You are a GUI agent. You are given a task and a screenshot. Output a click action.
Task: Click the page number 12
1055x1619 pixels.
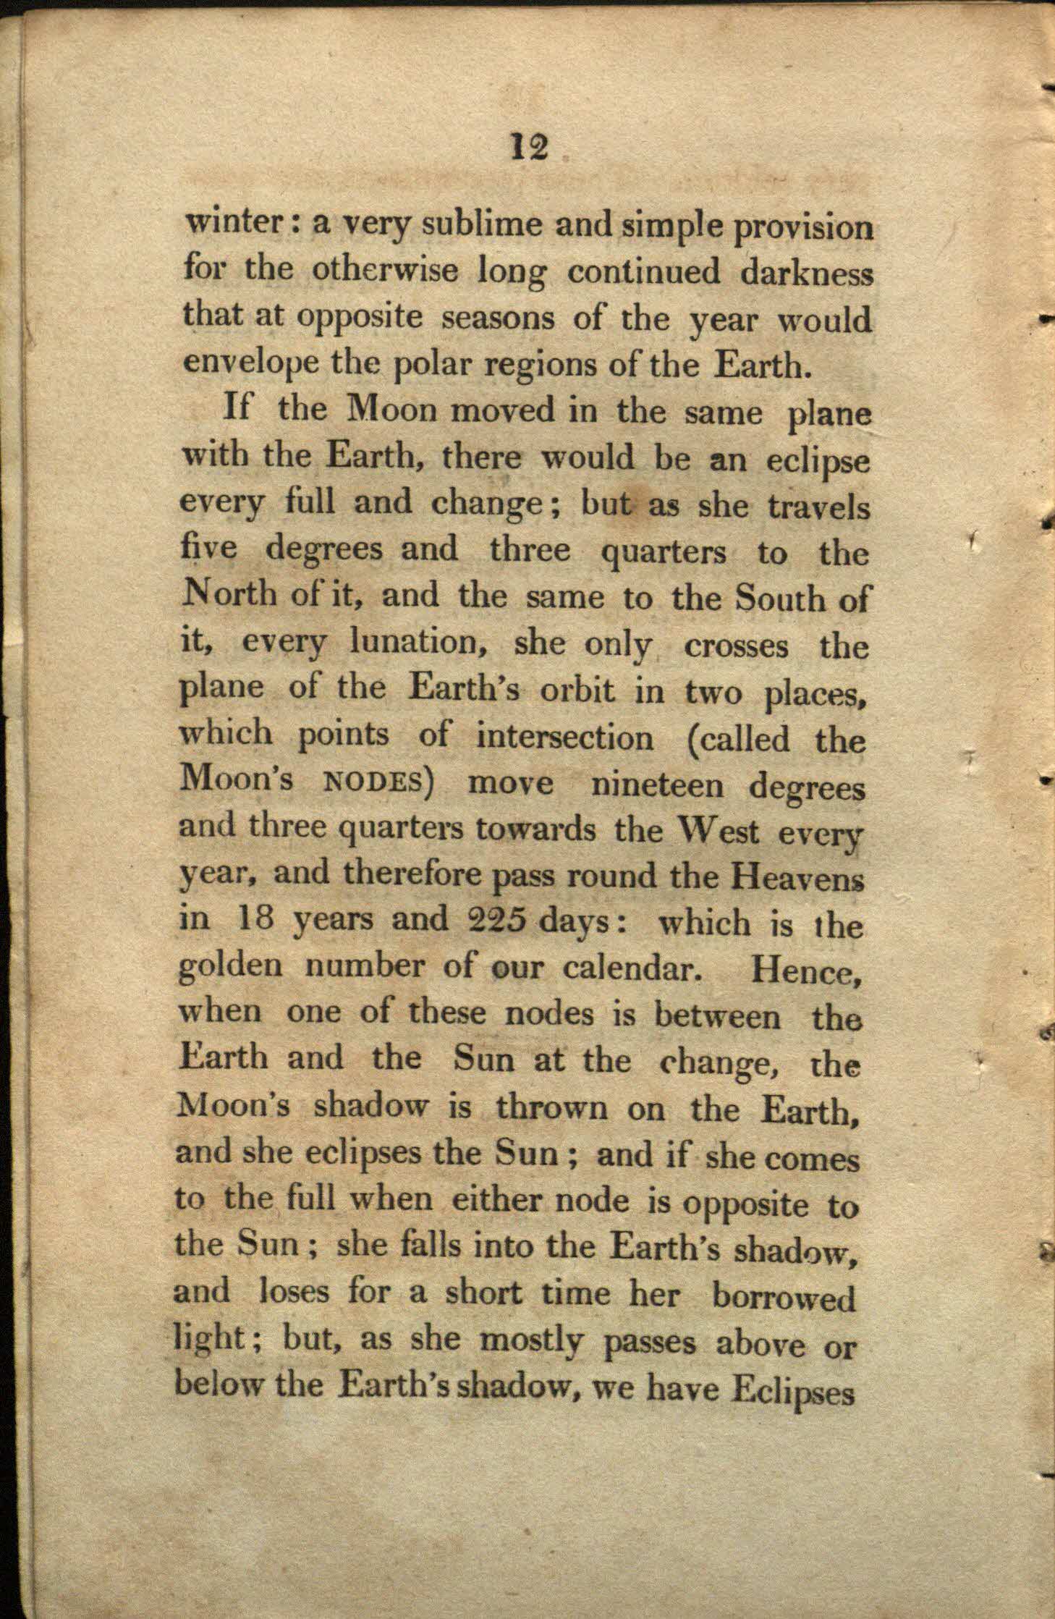pyautogui.click(x=530, y=148)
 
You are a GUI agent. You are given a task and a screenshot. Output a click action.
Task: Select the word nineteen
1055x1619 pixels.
pyautogui.click(x=656, y=786)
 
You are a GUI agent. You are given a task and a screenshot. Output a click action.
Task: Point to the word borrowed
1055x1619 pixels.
pyautogui.click(x=784, y=1298)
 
